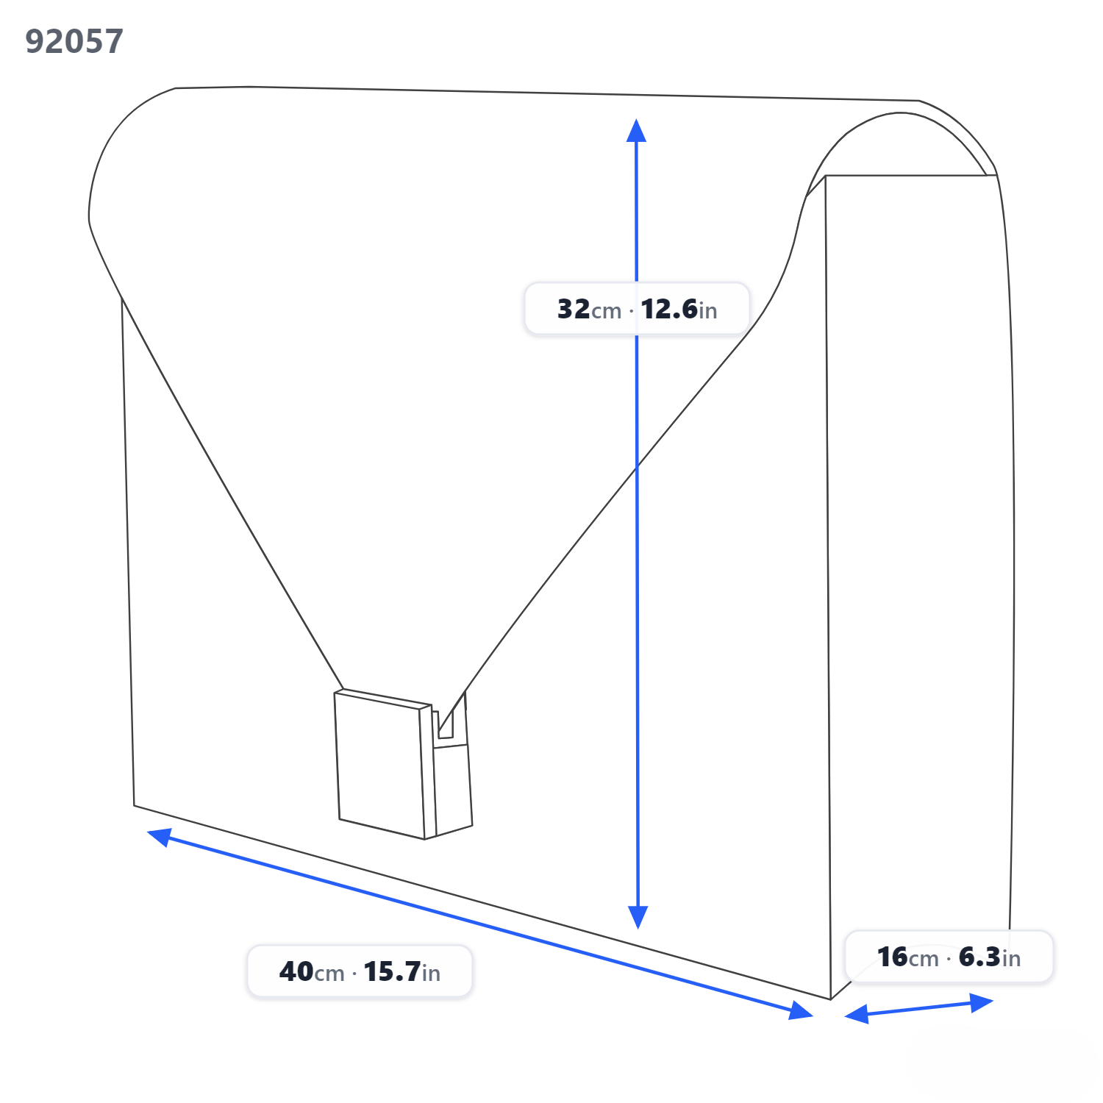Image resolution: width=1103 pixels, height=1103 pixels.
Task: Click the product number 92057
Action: [74, 41]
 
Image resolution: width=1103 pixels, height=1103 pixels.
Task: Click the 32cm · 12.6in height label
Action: [637, 309]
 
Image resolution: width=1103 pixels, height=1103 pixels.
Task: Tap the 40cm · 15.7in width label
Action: [360, 971]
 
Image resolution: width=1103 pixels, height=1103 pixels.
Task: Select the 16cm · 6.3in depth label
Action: [949, 957]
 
